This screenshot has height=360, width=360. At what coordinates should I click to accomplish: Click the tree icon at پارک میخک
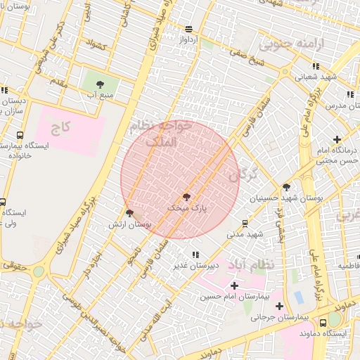[x=186, y=197]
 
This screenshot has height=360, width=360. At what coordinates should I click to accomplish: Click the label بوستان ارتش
[x=130, y=224]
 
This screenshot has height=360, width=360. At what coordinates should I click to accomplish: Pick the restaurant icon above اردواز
[x=188, y=29]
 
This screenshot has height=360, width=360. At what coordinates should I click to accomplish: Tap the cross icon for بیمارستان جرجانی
[x=280, y=306]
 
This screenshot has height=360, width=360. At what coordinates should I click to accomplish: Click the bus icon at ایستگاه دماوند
[x=323, y=323]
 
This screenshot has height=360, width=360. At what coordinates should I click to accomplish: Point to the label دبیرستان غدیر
[x=196, y=266]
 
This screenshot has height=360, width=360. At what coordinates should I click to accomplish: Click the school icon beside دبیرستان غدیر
[x=194, y=255]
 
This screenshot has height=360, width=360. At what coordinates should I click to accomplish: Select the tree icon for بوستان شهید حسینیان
[x=286, y=187]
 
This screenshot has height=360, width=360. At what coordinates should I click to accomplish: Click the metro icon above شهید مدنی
[x=245, y=224]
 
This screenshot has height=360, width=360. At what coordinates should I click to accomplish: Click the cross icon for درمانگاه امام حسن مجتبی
[x=337, y=139]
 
